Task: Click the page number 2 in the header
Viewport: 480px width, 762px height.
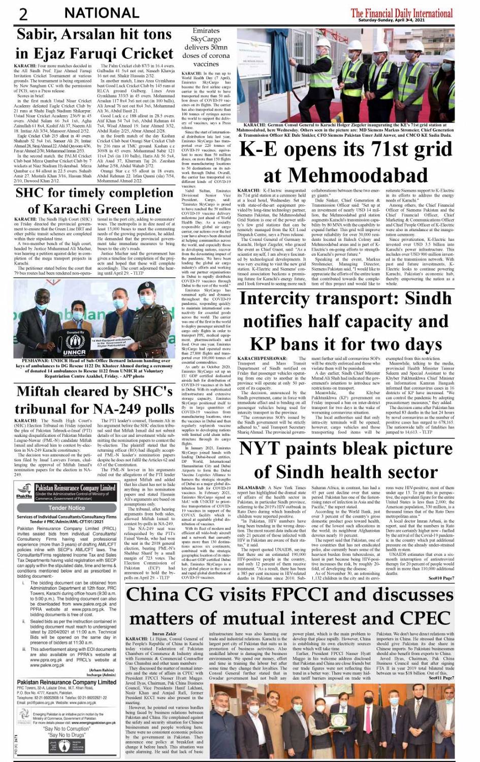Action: [x=23, y=13]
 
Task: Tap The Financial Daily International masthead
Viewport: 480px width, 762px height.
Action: [x=401, y=12]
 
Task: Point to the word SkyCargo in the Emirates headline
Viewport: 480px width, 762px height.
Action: [x=206, y=39]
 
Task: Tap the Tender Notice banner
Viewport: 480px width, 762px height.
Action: [x=67, y=507]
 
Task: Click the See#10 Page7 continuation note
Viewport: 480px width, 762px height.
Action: [x=441, y=578]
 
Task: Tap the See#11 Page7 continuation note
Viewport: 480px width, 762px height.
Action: [x=441, y=678]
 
